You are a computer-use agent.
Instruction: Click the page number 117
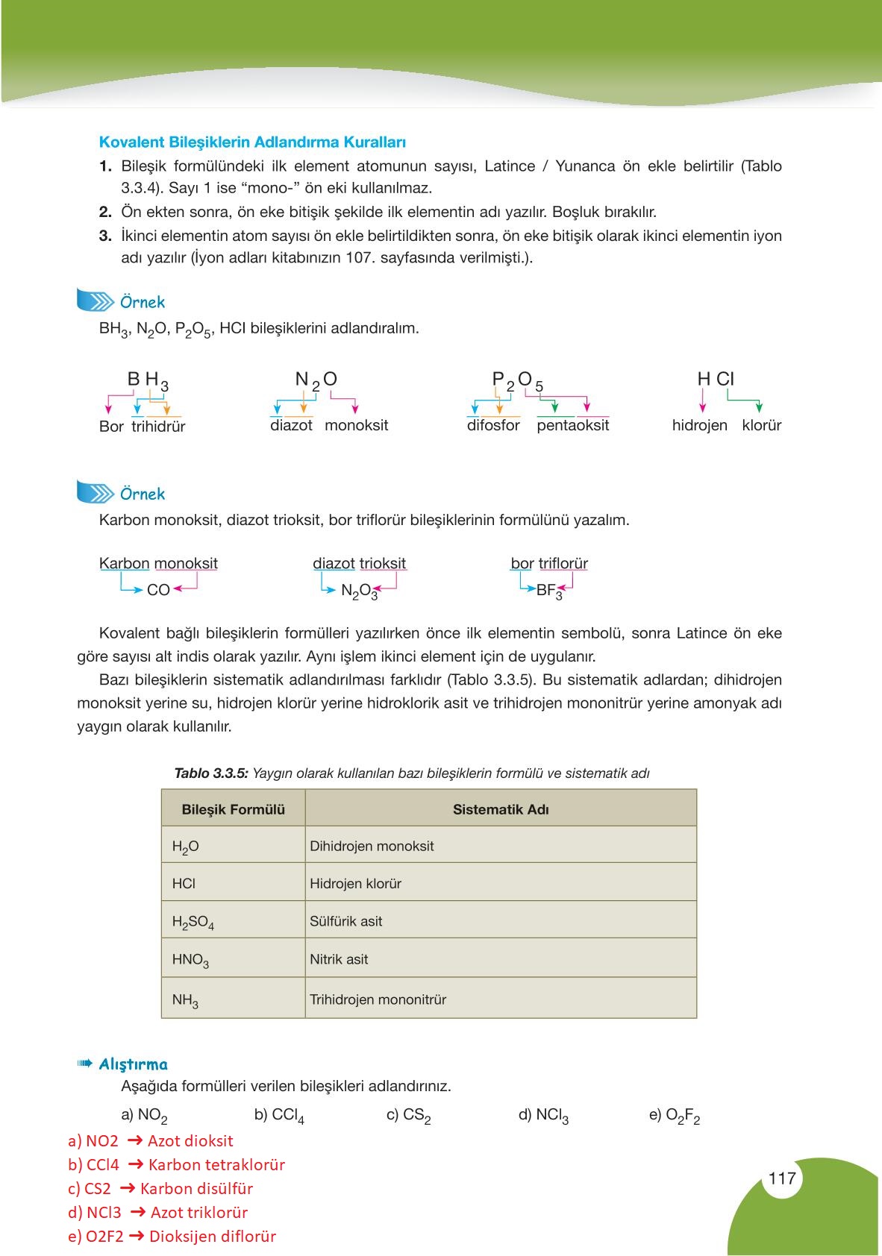tap(781, 1178)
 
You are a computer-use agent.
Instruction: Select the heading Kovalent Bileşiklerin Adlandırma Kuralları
tap(252, 142)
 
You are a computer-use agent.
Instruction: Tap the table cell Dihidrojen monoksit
tap(372, 846)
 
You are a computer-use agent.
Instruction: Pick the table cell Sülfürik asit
tap(345, 921)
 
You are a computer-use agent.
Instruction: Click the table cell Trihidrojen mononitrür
tap(378, 999)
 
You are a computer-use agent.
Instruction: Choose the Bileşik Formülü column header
tap(233, 809)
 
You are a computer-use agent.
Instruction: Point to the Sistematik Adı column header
tap(501, 809)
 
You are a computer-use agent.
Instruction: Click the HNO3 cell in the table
tap(190, 960)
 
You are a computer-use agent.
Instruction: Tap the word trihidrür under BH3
tap(158, 427)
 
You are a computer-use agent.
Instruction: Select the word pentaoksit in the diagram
tap(572, 425)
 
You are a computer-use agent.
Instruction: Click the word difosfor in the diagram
tap(493, 425)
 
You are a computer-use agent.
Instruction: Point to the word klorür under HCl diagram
tap(761, 425)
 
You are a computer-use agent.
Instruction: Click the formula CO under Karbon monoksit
tap(158, 590)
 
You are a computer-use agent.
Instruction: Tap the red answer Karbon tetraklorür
tap(216, 1164)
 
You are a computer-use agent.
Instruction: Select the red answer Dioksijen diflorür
tap(213, 1236)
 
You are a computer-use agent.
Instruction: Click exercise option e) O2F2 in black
tap(675, 1115)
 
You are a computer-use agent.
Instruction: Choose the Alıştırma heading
tap(133, 1064)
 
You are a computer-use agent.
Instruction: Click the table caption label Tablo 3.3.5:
tap(210, 773)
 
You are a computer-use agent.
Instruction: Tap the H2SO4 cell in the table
tap(193, 922)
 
